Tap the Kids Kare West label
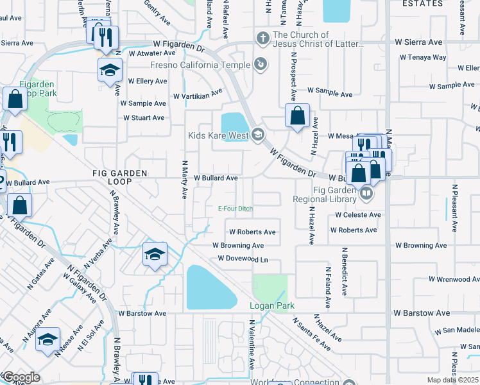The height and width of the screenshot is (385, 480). coord(218,135)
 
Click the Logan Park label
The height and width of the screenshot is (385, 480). coord(271,306)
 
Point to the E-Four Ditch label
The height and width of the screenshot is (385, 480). coord(236,209)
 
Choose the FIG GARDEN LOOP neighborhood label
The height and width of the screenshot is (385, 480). coord(119,178)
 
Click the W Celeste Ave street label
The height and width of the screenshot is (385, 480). coord(356,215)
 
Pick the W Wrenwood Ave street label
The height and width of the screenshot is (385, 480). coord(440,280)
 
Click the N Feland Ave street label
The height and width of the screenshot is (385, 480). coord(327,289)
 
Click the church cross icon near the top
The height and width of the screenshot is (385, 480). coord(262,38)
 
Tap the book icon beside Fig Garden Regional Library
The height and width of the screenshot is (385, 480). coord(365,191)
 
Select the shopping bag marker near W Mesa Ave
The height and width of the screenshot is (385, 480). coord(297,117)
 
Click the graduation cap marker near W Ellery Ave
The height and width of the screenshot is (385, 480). coord(110,70)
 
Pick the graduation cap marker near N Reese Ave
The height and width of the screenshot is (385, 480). coord(47,340)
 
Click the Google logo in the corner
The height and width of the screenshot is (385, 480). coord(21,377)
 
